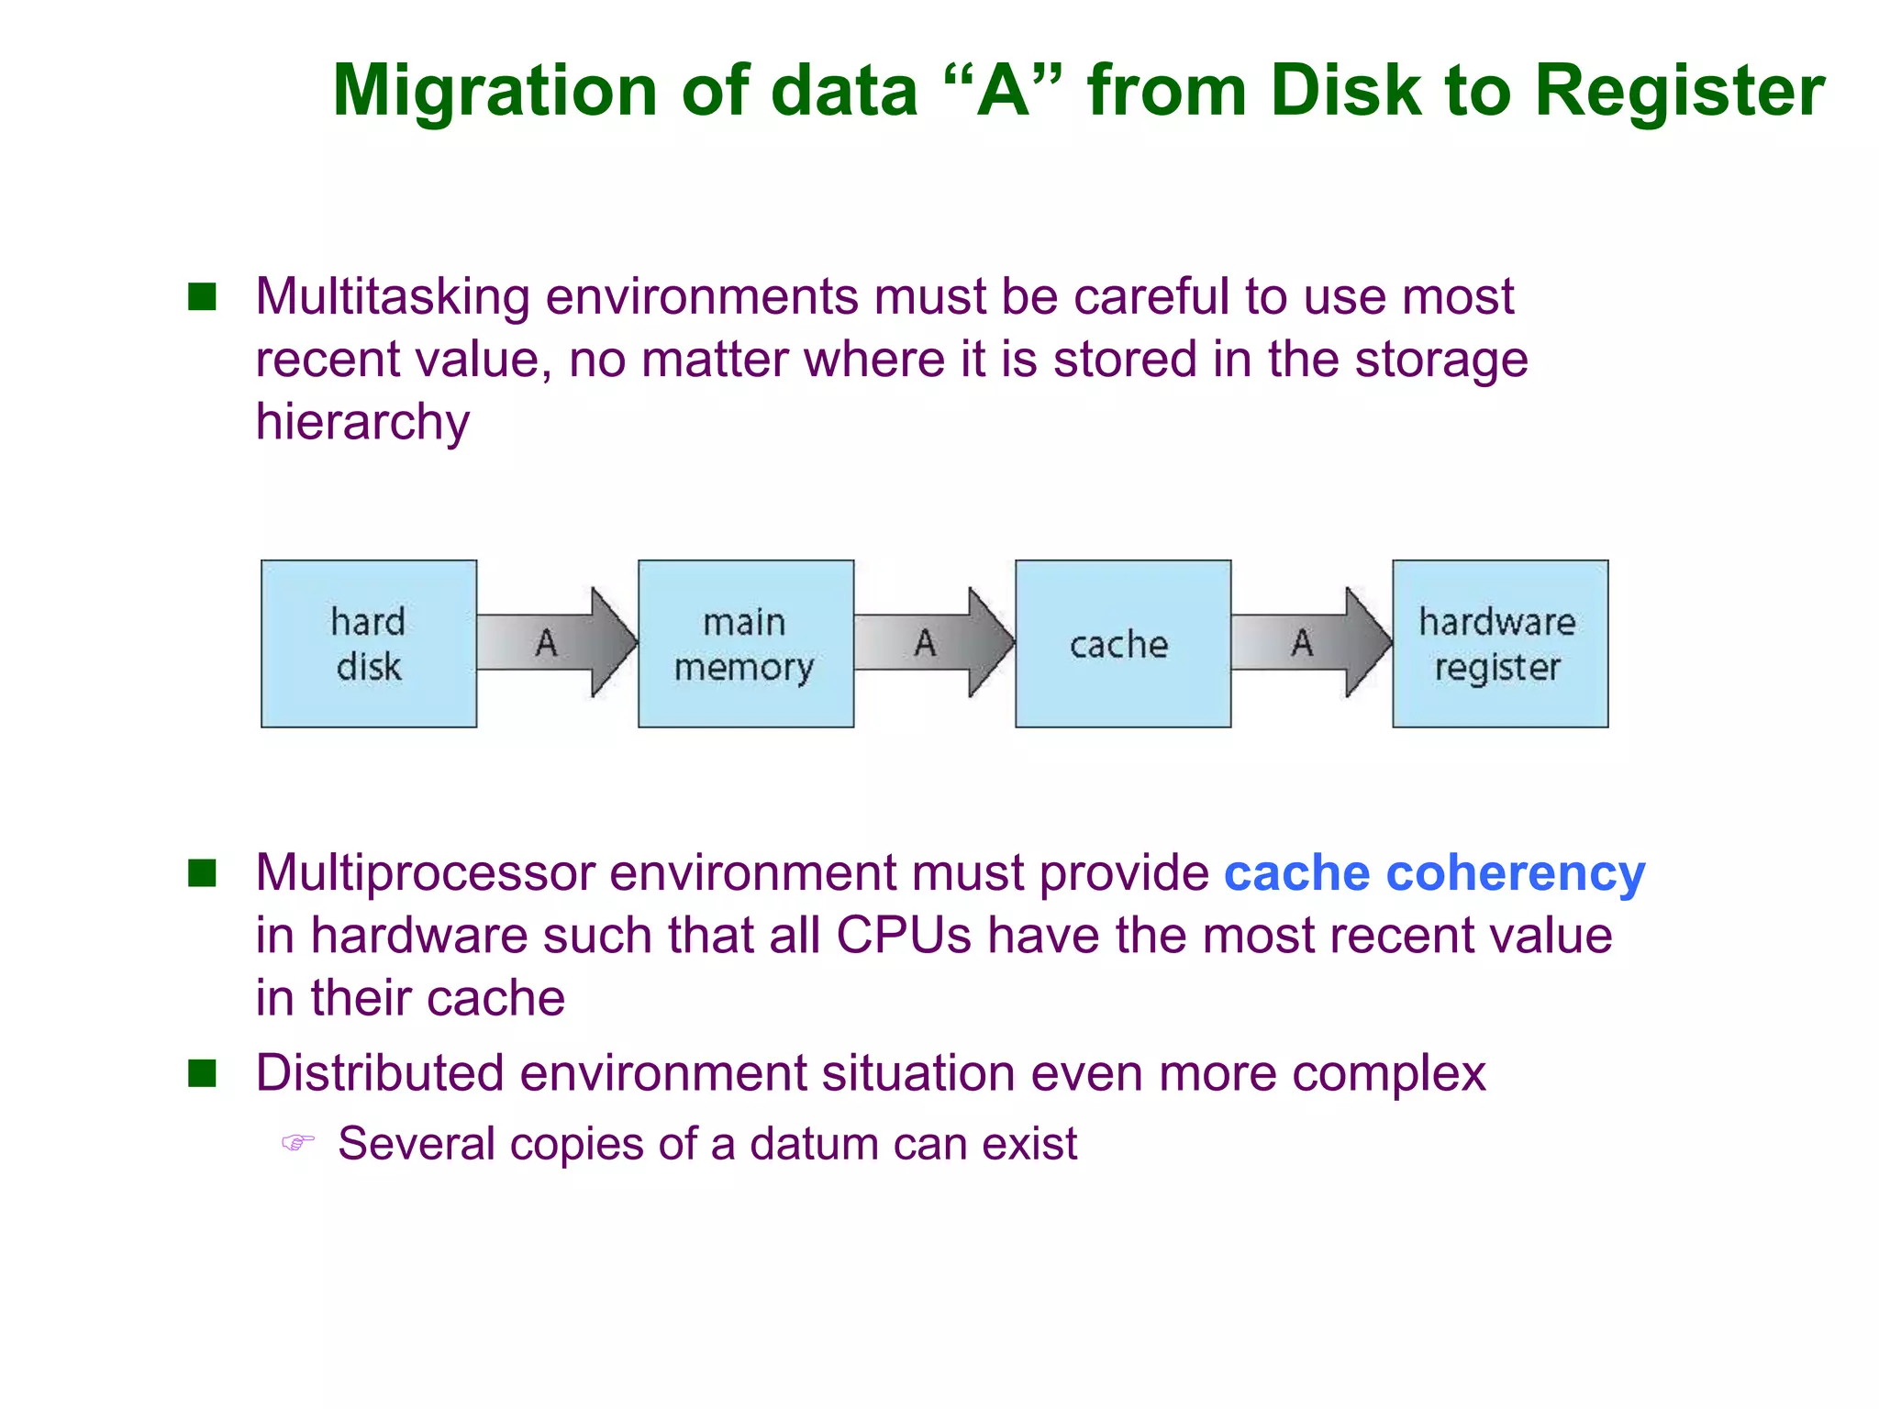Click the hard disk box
click(369, 644)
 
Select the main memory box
click(745, 644)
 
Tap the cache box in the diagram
click(1122, 644)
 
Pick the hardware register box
click(1499, 644)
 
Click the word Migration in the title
click(495, 92)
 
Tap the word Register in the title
click(1679, 92)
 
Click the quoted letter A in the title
click(1002, 92)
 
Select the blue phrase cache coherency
click(1434, 872)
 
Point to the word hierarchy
click(362, 422)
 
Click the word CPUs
click(903, 936)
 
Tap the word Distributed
click(380, 1072)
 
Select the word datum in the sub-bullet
click(814, 1144)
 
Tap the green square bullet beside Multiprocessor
click(202, 872)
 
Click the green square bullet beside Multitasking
click(202, 297)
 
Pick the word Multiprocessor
click(424, 872)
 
